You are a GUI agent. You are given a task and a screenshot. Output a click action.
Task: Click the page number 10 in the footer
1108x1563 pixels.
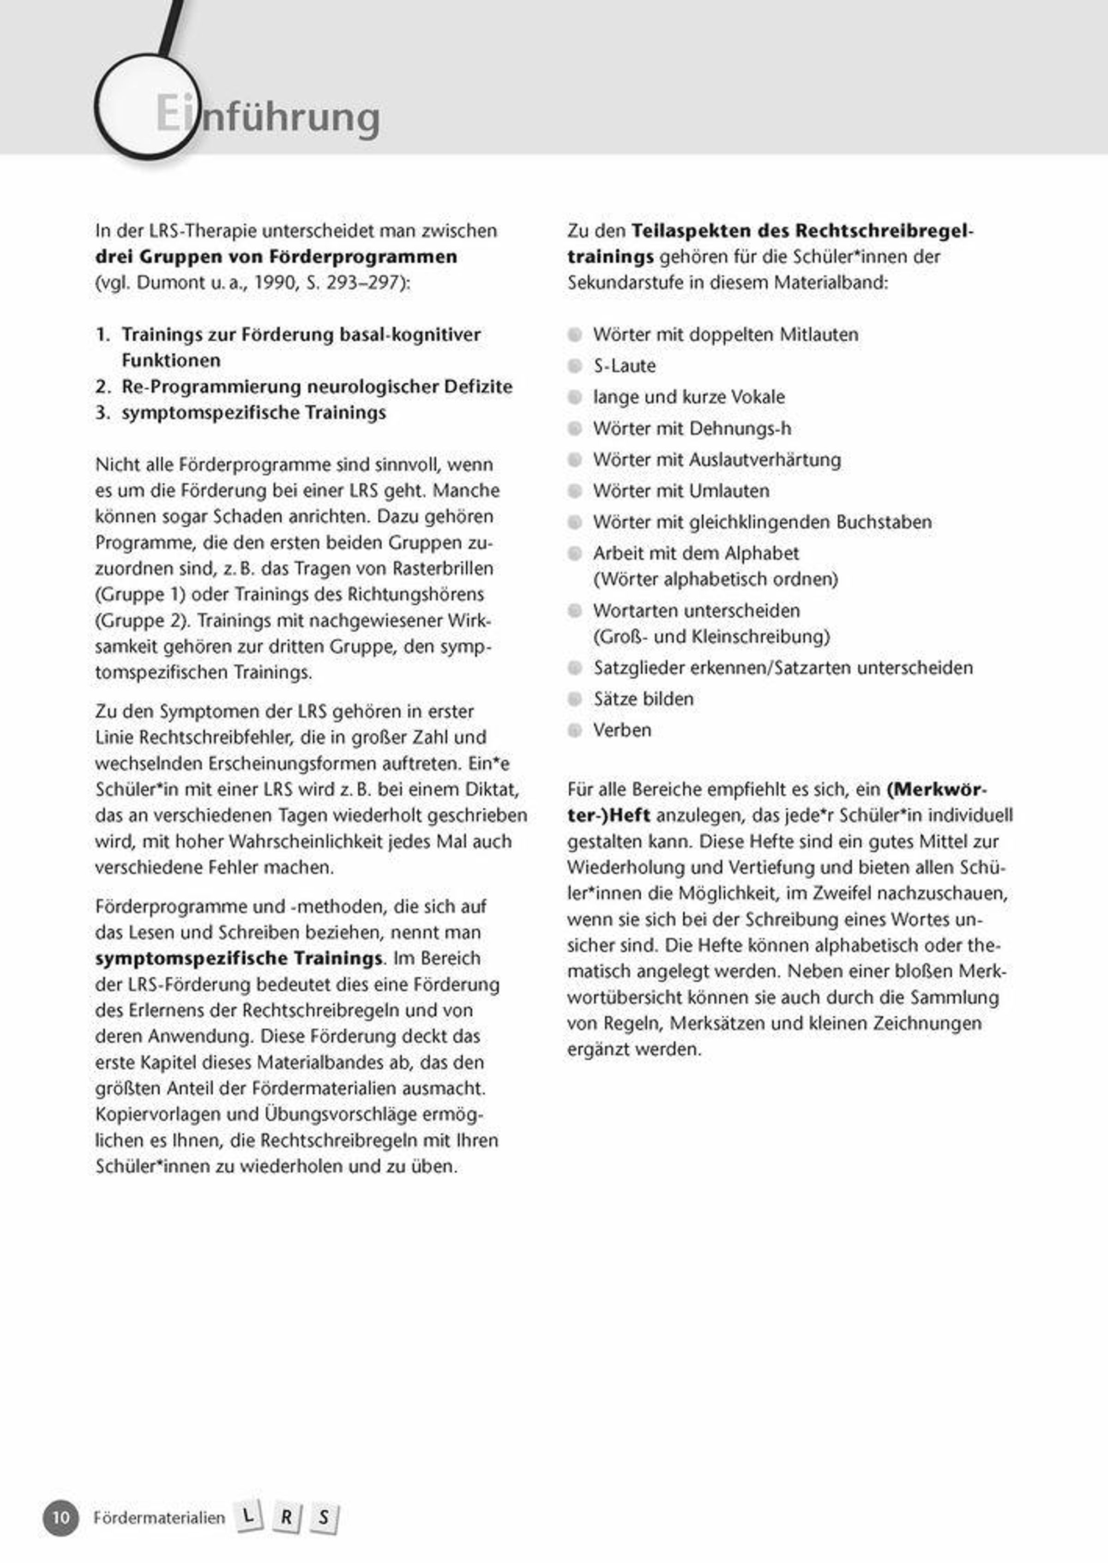pyautogui.click(x=61, y=1517)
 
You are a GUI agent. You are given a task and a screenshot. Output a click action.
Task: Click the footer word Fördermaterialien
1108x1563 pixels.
pyautogui.click(x=159, y=1517)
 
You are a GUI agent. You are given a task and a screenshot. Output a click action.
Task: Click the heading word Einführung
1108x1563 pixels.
pyautogui.click(x=267, y=116)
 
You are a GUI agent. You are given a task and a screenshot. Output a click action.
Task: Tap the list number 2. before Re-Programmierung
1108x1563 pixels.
pyautogui.click(x=103, y=387)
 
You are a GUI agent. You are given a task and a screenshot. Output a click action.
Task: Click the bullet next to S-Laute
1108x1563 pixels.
pyautogui.click(x=575, y=366)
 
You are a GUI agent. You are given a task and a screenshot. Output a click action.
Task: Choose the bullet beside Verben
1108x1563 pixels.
pyautogui.click(x=575, y=730)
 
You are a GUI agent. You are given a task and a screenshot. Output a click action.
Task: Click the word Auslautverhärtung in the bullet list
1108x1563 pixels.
pyautogui.click(x=765, y=460)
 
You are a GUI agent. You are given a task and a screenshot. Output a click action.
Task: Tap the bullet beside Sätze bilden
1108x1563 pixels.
pyautogui.click(x=575, y=699)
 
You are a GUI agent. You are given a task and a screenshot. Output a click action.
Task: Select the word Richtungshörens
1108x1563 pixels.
pyautogui.click(x=415, y=594)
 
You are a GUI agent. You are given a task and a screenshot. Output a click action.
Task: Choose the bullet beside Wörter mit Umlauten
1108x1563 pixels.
pyautogui.click(x=575, y=491)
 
